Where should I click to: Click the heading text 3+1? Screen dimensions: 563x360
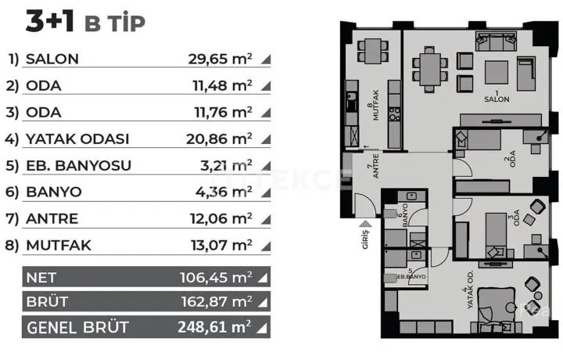pos(49,22)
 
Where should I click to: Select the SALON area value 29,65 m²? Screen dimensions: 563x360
pos(220,59)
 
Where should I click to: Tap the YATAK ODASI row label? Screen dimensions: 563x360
pos(77,139)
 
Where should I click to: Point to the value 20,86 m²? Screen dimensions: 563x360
pos(219,139)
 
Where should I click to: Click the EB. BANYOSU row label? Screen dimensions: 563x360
pos(79,166)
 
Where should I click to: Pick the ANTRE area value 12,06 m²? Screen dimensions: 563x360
pos(221,218)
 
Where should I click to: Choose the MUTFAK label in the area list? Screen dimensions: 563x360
pos(59,246)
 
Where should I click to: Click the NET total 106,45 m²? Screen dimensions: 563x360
pos(216,277)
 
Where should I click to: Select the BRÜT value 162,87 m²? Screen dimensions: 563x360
pos(217,302)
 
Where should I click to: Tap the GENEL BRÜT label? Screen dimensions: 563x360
pos(77,327)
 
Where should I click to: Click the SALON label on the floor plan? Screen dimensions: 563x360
pos(497,99)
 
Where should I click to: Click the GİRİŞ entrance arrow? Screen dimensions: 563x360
pos(366,224)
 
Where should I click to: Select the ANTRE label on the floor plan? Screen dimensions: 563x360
pos(375,166)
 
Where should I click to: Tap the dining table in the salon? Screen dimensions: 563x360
pos(430,70)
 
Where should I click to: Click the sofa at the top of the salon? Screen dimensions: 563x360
pos(497,41)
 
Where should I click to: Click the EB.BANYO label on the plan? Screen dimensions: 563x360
pos(411,276)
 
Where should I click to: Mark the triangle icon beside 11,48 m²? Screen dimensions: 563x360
pos(267,86)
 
